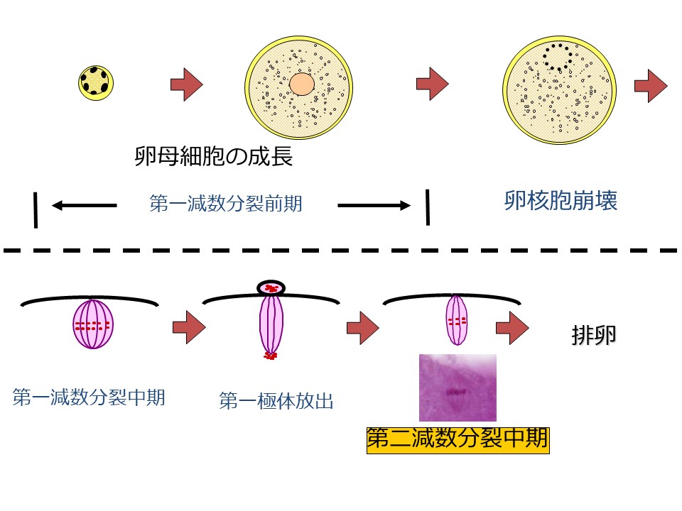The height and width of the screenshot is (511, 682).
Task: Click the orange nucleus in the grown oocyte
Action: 302,84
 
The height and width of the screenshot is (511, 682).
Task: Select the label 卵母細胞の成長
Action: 213,155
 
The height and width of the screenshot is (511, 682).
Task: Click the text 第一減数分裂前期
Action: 226,204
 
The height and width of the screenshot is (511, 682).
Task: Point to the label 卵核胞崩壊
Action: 560,201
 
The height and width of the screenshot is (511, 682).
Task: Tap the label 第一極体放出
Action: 276,402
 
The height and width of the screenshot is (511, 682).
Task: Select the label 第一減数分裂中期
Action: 89,397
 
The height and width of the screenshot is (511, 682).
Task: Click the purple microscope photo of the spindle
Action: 458,388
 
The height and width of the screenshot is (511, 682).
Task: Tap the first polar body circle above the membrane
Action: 271,287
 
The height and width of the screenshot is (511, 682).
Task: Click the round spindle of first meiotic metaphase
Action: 93,325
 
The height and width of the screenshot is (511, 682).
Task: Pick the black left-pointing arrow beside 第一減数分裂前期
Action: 84,206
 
